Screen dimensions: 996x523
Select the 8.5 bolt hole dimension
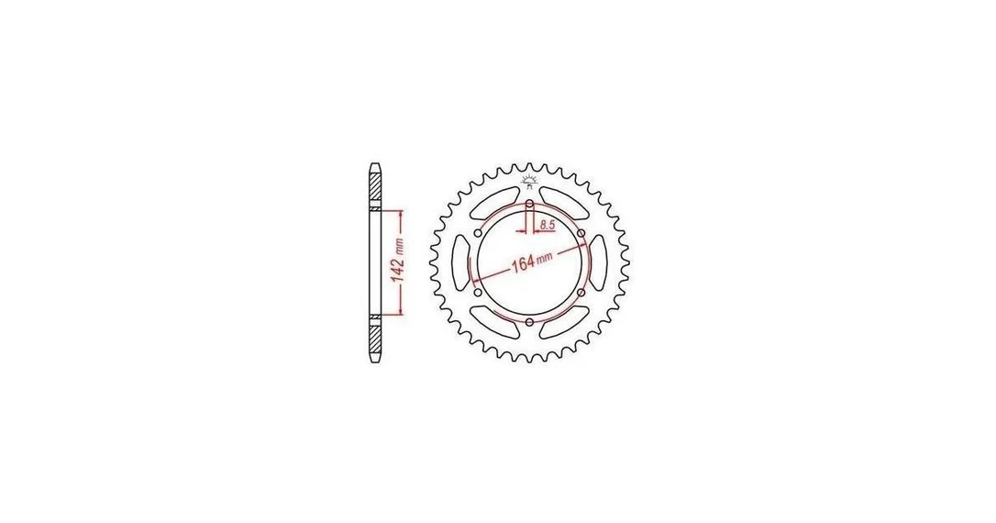point(548,224)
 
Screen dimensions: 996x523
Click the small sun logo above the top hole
point(529,181)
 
